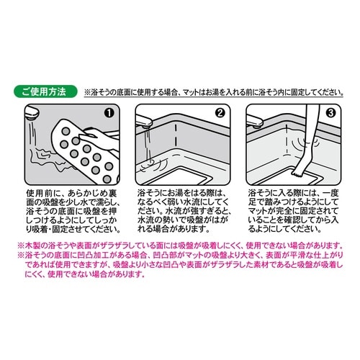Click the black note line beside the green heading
point(216,94)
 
